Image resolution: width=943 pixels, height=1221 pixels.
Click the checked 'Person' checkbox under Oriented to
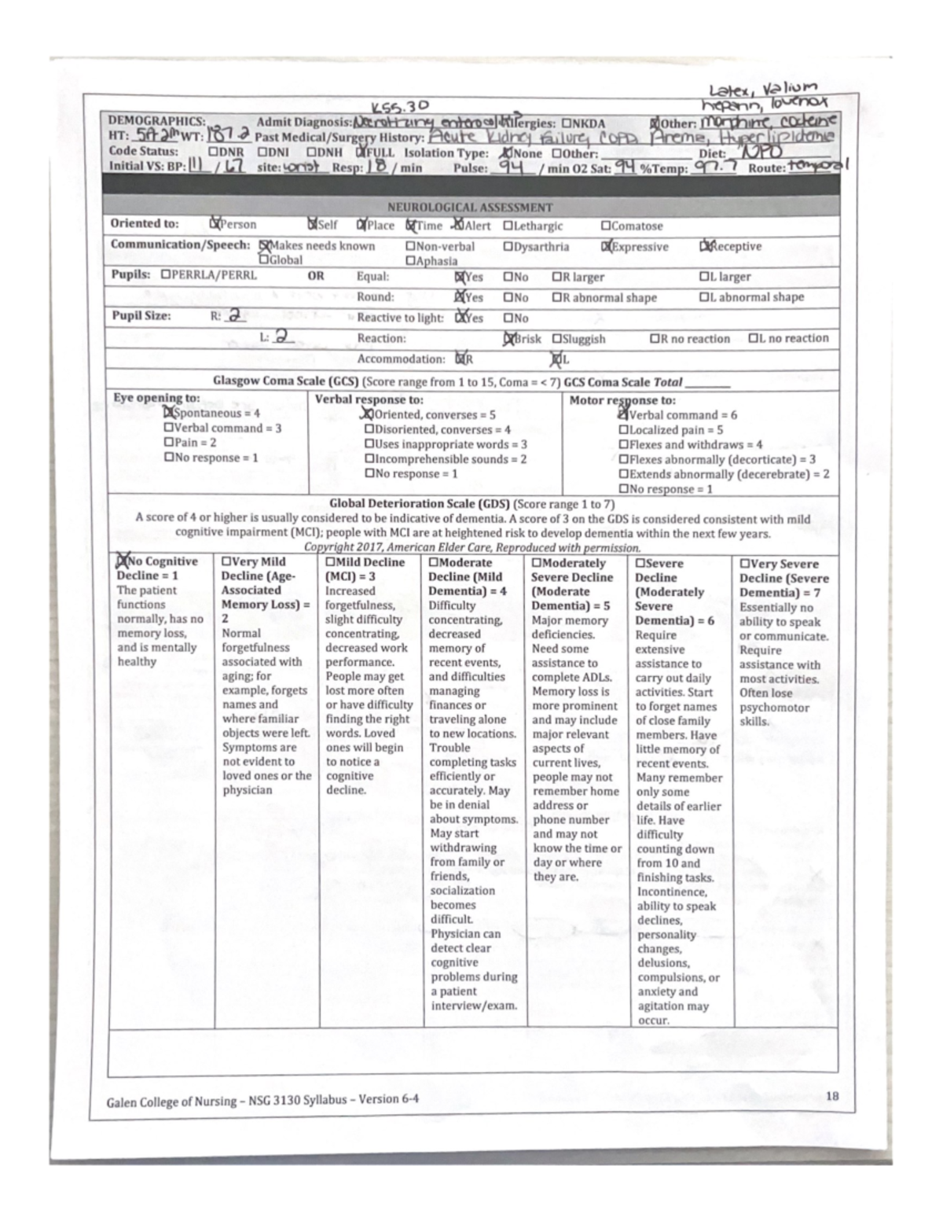(x=215, y=224)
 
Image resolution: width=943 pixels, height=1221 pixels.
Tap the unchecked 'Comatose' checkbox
(x=606, y=226)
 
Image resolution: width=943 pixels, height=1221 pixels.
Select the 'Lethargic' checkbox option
(x=508, y=226)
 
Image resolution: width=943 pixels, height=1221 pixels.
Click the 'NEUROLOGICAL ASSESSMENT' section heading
(x=470, y=208)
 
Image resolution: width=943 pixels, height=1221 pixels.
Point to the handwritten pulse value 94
(x=515, y=167)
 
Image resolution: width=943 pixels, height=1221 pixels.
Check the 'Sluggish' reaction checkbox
(x=556, y=339)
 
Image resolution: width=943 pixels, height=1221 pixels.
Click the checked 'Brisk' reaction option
(x=508, y=339)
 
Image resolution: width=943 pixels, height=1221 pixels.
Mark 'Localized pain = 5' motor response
(x=624, y=430)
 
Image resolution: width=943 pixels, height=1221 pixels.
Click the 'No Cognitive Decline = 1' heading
(x=157, y=568)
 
